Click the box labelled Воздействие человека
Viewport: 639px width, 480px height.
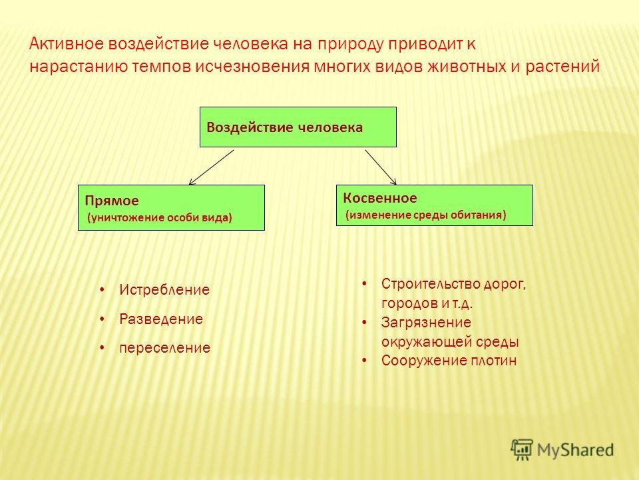(298, 127)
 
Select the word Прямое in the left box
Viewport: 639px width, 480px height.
(112, 201)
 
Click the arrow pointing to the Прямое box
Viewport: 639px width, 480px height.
(212, 167)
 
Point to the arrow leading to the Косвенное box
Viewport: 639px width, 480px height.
(381, 167)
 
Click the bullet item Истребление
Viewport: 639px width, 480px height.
(164, 290)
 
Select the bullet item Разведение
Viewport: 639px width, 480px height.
(161, 319)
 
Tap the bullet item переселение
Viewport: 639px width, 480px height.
(164, 348)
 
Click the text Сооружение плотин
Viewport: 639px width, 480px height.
(449, 361)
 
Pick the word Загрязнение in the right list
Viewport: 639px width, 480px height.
(426, 323)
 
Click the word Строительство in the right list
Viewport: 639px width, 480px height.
(431, 284)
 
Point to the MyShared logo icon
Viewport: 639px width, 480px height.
(522, 449)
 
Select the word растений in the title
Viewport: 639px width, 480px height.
(562, 67)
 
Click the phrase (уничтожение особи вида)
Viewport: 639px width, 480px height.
(160, 217)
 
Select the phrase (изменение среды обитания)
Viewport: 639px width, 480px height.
(426, 215)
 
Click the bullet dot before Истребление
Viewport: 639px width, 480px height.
(103, 290)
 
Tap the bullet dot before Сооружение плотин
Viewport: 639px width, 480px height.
(364, 361)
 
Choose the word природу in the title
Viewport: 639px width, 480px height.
(351, 45)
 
